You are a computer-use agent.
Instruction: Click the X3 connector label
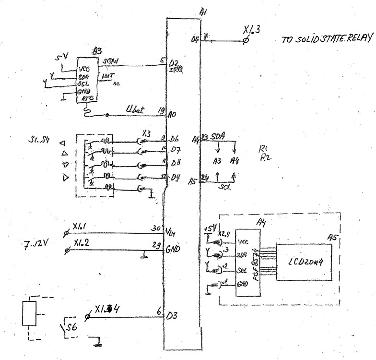point(148,134)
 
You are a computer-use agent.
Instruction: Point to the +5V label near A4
point(209,227)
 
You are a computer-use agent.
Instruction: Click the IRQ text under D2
point(174,70)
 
